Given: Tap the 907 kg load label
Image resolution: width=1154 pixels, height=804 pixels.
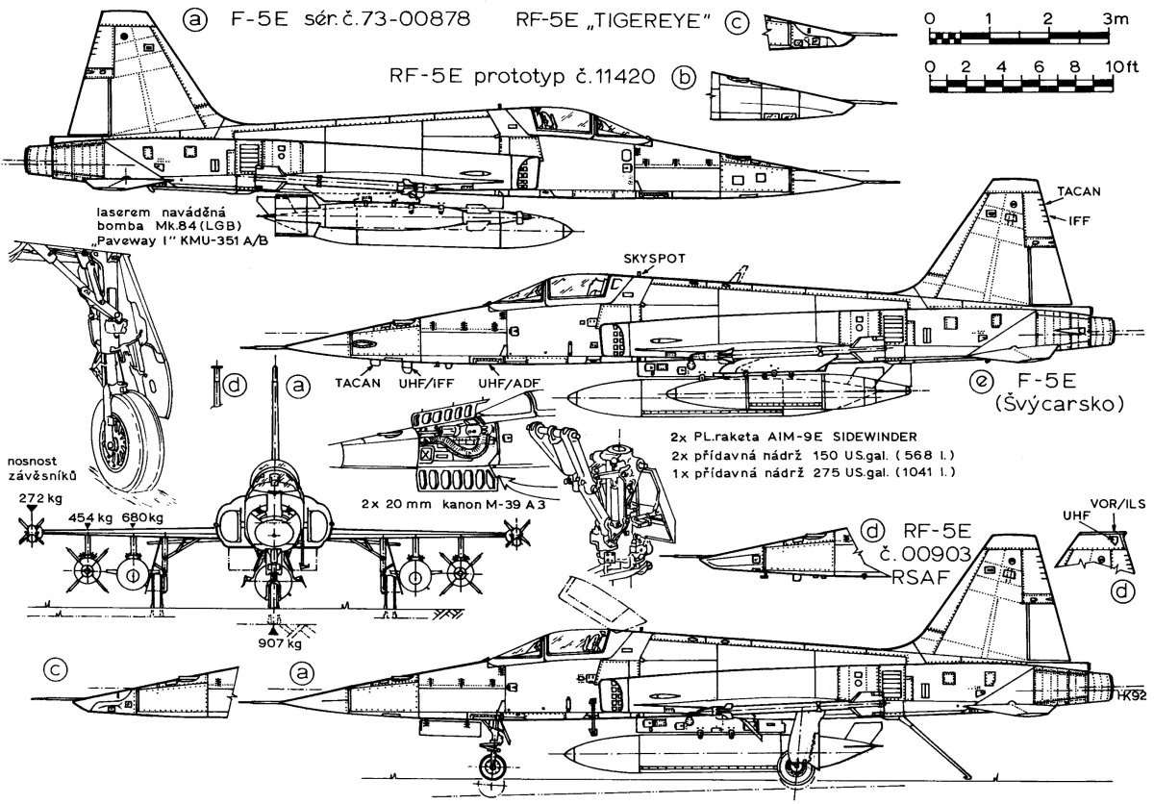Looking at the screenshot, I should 278,643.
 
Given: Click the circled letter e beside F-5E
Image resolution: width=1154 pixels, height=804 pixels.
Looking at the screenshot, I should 982,382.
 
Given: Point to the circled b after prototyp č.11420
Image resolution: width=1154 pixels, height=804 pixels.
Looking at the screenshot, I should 684,78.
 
